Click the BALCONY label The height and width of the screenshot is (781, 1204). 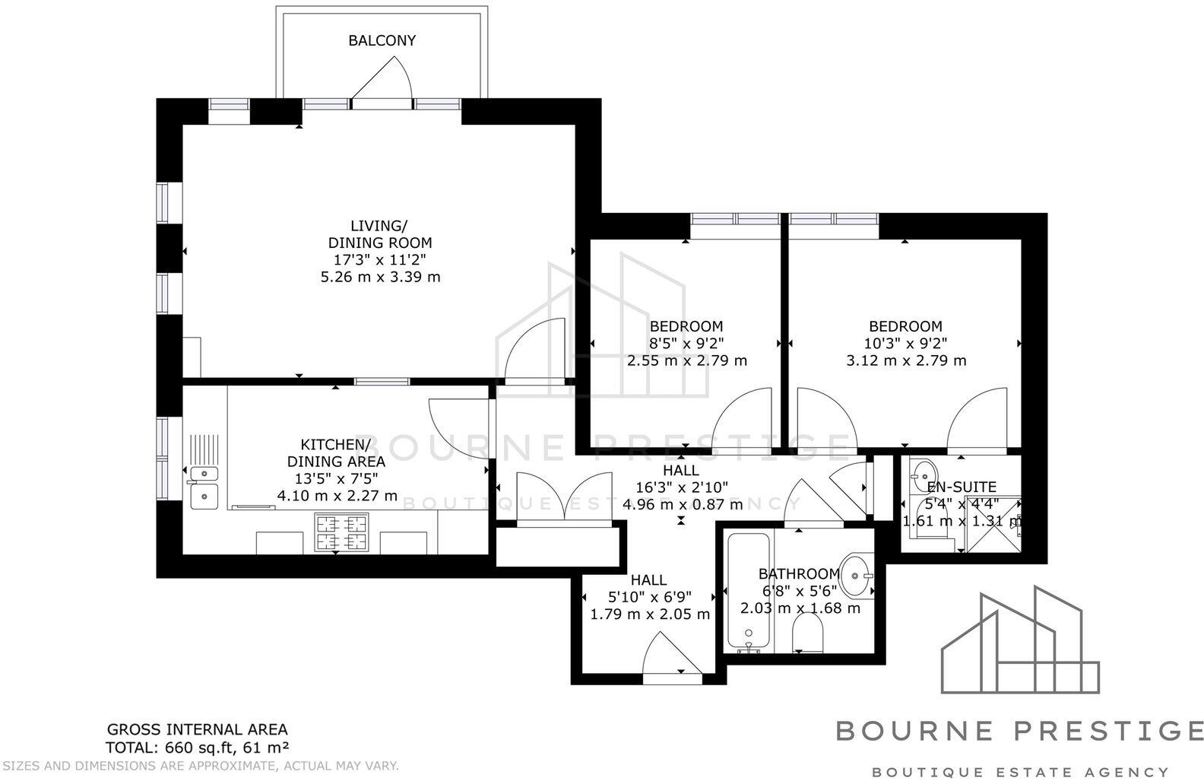[382, 40]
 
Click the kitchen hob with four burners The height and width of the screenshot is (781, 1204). [342, 532]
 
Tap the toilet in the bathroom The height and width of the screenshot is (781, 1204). [807, 633]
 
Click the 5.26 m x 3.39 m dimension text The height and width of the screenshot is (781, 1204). [381, 277]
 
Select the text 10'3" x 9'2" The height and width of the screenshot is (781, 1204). [905, 344]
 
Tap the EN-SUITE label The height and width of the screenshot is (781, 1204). [961, 487]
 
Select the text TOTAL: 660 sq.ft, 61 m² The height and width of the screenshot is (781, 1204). [197, 747]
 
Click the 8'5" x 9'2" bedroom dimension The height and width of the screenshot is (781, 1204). [686, 344]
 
